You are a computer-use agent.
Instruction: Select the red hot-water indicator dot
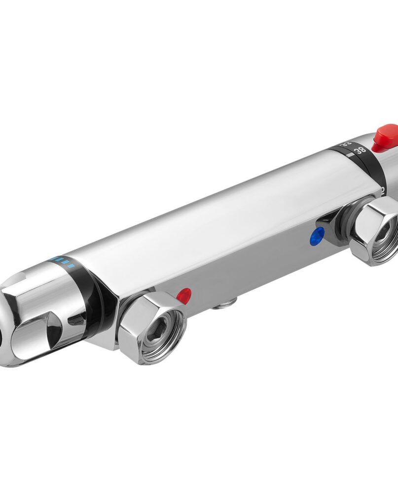[183, 295]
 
